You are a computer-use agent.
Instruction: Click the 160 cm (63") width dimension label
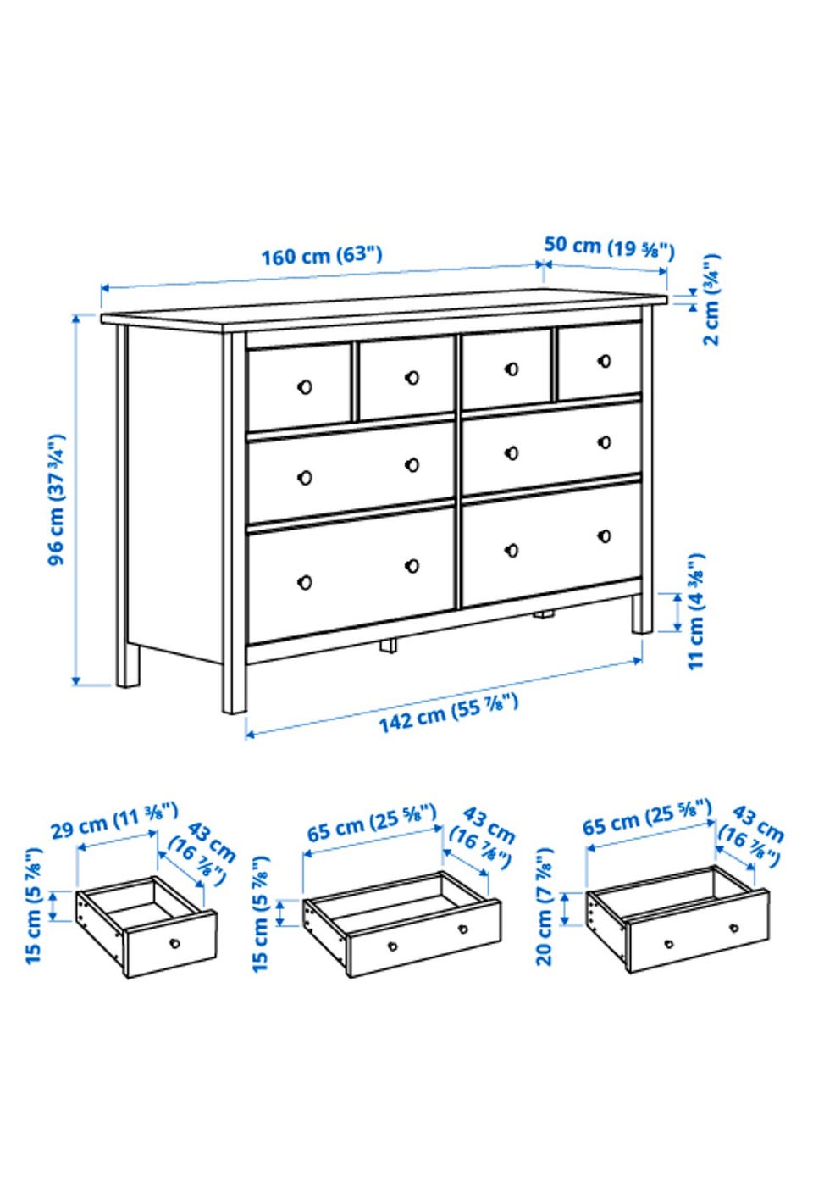(322, 255)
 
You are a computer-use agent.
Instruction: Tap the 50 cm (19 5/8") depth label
(609, 248)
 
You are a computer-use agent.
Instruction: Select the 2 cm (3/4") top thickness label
(711, 299)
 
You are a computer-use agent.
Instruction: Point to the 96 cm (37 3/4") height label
(57, 500)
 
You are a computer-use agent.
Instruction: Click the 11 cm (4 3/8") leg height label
(696, 611)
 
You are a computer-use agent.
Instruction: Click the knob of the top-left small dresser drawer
(305, 386)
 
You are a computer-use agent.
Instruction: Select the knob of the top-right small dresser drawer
(605, 361)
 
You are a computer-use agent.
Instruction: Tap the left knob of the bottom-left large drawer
(305, 583)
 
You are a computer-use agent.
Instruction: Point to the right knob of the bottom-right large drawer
(605, 535)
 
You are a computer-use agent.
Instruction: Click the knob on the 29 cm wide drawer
(174, 943)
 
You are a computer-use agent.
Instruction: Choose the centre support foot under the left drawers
(388, 646)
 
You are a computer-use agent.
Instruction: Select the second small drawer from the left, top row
(406, 378)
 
